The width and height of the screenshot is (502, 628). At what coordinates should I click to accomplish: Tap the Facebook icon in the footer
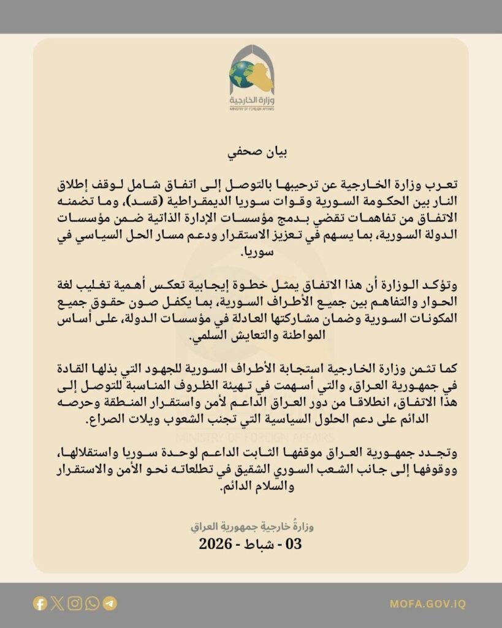(40, 603)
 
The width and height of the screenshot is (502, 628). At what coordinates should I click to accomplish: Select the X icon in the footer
(57, 603)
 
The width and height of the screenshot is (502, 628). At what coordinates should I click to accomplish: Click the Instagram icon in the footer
(75, 603)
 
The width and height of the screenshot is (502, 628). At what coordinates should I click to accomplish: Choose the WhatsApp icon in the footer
(92, 603)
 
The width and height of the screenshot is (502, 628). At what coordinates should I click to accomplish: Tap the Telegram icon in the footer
(110, 603)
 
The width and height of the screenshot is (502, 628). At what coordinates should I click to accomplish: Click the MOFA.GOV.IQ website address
(427, 604)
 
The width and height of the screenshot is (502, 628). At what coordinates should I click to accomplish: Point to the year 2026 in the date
(215, 543)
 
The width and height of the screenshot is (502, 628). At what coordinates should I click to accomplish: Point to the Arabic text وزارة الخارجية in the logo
(252, 100)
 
